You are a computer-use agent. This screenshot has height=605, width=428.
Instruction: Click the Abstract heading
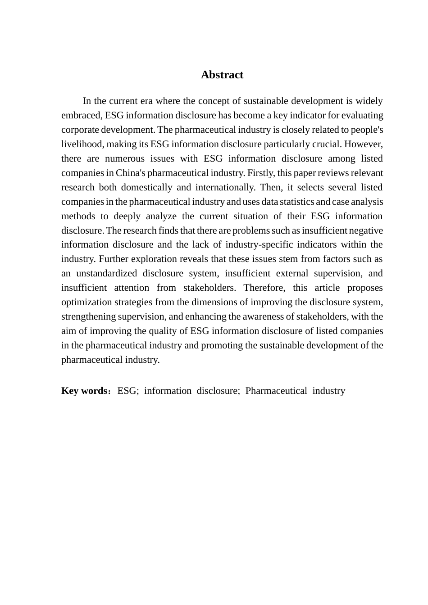pyautogui.click(x=222, y=75)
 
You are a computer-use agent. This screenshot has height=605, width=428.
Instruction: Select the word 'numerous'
pyautogui.click(x=123, y=158)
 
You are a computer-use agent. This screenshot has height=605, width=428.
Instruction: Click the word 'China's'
pyautogui.click(x=130, y=173)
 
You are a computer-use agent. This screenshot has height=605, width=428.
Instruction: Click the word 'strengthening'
pyautogui.click(x=89, y=316)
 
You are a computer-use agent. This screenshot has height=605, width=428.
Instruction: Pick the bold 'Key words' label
pyautogui.click(x=84, y=391)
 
